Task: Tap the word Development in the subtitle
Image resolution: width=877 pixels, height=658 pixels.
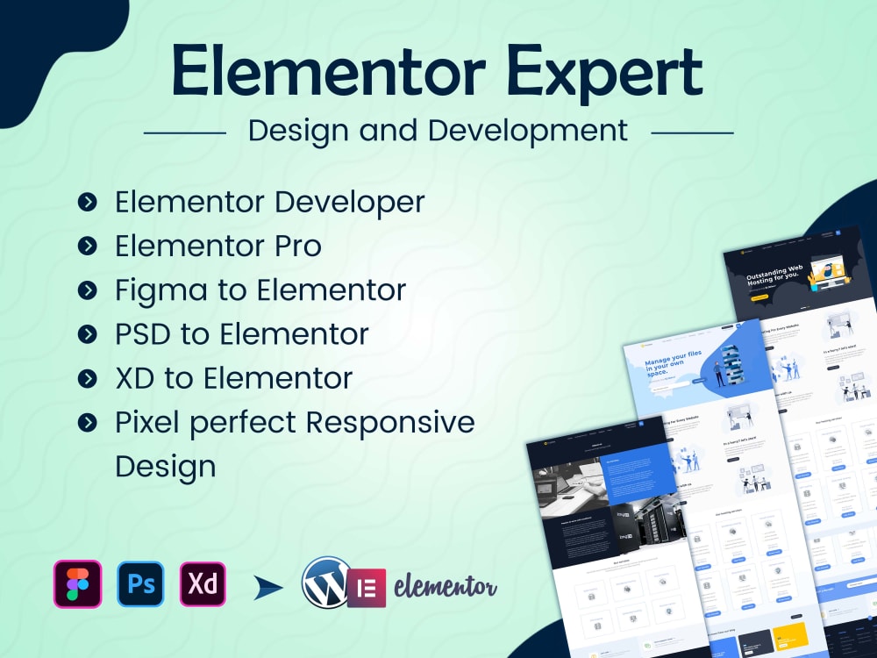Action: (528, 131)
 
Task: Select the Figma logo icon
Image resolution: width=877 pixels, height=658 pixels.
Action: (77, 583)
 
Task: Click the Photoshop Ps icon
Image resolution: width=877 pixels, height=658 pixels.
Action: (140, 583)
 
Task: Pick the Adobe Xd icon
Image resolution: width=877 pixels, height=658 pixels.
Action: (203, 583)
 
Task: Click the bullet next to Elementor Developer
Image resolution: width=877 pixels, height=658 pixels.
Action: (87, 203)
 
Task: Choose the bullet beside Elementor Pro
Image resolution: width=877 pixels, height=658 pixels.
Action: (87, 247)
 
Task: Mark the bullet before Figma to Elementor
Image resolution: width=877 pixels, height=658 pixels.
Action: (87, 290)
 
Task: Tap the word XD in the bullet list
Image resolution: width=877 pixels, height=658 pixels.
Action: (135, 378)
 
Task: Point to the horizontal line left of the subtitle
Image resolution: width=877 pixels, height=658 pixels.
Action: (184, 133)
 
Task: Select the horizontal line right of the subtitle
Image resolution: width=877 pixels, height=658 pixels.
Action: (692, 133)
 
